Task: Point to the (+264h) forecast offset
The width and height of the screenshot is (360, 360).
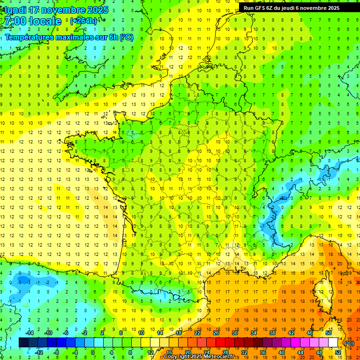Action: pyautogui.click(x=83, y=21)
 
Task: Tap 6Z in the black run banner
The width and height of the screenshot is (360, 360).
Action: pyautogui.click(x=270, y=8)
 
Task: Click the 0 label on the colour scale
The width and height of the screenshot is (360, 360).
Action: pyautogui.click(x=93, y=352)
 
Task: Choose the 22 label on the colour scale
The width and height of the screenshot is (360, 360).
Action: pyautogui.click(x=197, y=333)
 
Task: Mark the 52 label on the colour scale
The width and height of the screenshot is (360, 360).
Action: pyautogui.click(x=338, y=352)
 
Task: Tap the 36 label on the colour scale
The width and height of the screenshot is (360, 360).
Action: pyautogui.click(x=262, y=352)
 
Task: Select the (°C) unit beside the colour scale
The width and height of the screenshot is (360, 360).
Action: pyautogui.click(x=349, y=343)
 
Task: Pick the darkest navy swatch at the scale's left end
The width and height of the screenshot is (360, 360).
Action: pyautogui.click(x=23, y=343)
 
